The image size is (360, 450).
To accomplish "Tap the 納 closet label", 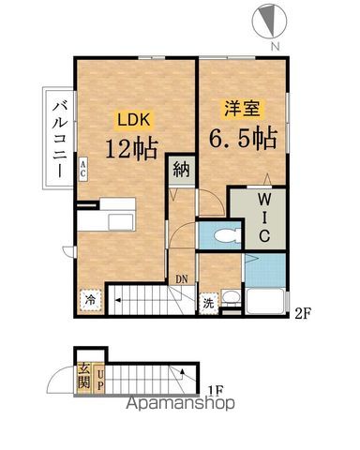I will [180, 172].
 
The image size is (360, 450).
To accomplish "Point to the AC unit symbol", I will [82, 169].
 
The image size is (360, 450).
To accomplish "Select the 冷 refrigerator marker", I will [91, 300].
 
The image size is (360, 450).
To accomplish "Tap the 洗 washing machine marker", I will [210, 302].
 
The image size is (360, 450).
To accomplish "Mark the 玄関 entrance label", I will [84, 375].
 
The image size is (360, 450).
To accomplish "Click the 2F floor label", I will [302, 313].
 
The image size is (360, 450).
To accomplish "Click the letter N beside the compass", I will [273, 46].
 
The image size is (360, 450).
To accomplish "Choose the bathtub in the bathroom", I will [266, 301].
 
